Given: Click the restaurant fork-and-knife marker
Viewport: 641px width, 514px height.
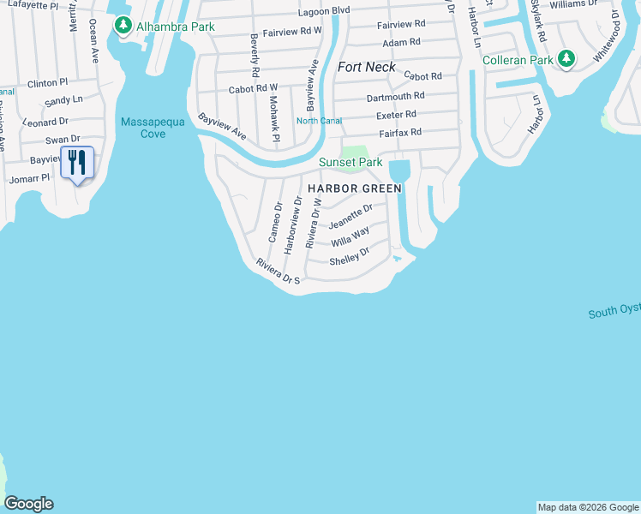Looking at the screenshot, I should coord(77,162).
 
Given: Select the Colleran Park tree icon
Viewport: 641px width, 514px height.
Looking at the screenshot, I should coord(566,59).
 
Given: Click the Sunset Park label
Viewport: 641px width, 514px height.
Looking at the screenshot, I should coord(350,162).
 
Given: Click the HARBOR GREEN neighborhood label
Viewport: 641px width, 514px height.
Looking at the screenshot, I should coord(355,187).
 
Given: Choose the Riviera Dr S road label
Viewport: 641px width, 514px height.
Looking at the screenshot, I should coord(278,273).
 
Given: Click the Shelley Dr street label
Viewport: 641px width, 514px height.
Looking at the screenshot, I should coord(349,255).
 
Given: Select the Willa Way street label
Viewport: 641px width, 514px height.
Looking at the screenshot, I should coord(350,236).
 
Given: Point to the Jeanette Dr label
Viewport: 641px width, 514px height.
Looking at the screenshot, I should coord(350,217).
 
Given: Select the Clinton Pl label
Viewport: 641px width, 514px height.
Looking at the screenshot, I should coord(47,83).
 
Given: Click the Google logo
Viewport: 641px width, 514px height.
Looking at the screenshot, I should coord(28,504).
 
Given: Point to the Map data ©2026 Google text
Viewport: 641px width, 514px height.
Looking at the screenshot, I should coord(588,507).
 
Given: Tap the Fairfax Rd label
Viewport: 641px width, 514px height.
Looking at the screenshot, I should coord(400,133).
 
